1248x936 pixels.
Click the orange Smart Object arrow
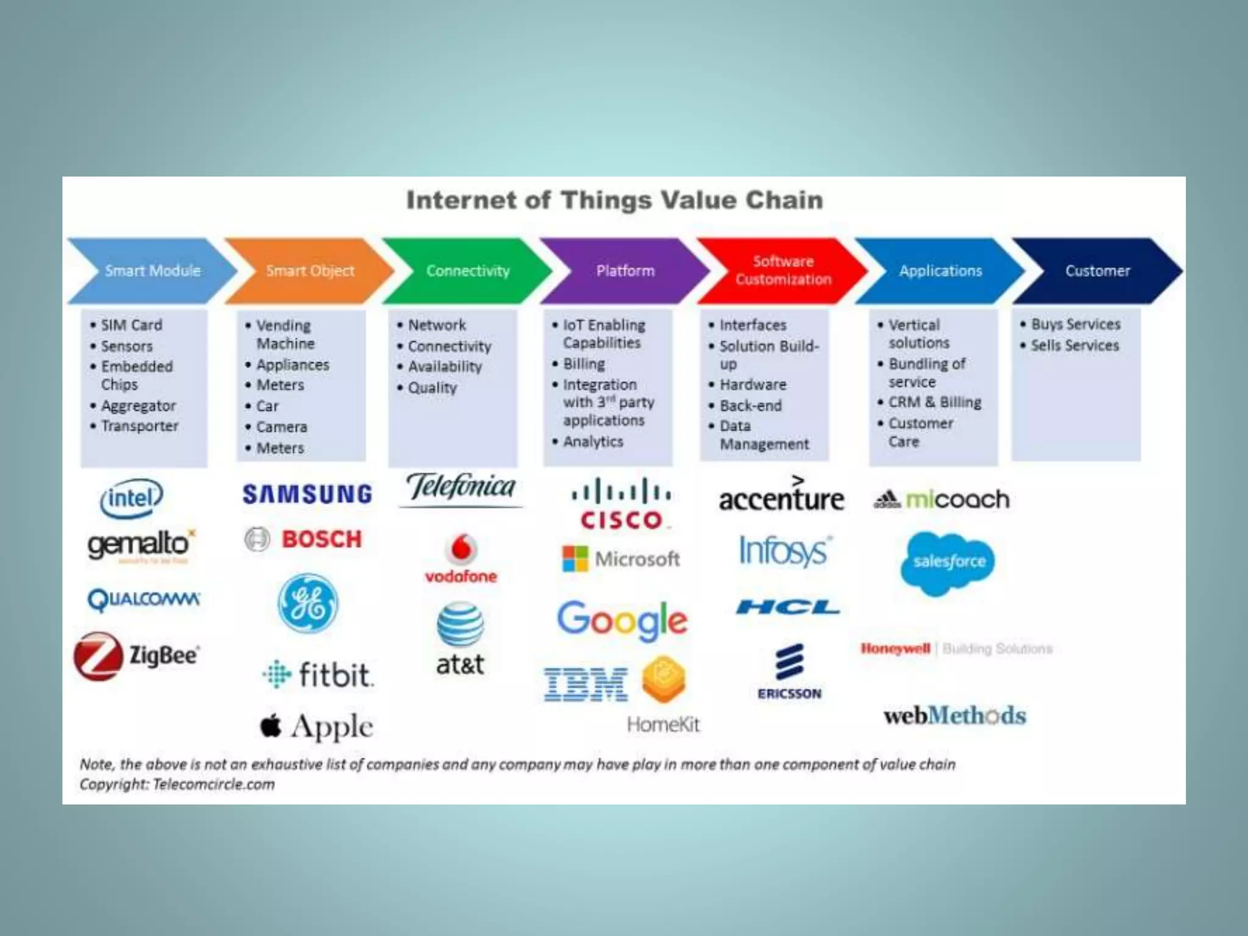(310, 271)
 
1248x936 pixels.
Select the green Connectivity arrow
(467, 271)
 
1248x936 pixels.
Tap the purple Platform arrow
(625, 271)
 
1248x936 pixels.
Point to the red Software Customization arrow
(783, 271)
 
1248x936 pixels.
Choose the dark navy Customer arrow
(1097, 271)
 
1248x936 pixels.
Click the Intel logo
(132, 498)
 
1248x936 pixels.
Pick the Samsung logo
(307, 494)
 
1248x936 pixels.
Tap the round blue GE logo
(308, 603)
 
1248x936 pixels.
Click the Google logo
(622, 620)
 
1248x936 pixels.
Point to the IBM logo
(586, 684)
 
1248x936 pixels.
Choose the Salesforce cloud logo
(948, 562)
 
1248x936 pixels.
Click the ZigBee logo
(137, 656)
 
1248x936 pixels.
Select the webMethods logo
(955, 715)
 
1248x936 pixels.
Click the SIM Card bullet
(131, 325)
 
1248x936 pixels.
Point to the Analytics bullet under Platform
(593, 441)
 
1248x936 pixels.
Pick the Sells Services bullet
(1075, 346)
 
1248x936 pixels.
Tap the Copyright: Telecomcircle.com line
(177, 784)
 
